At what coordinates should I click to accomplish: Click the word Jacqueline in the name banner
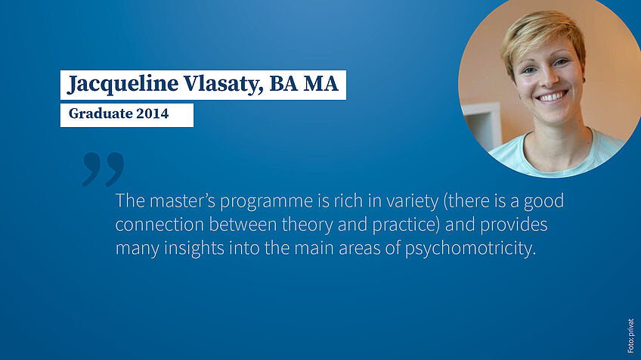[x=122, y=84]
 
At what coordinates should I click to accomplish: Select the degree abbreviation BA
[x=283, y=83]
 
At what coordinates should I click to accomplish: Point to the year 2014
[x=153, y=113]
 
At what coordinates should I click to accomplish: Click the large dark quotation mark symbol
[x=103, y=169]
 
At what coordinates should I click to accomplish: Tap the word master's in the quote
[x=182, y=200]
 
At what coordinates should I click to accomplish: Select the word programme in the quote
[x=267, y=202]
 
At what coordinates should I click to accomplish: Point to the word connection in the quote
[x=159, y=225]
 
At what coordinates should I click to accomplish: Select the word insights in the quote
[x=194, y=249]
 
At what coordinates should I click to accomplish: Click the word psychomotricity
[x=470, y=249]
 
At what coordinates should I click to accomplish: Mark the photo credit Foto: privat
[x=630, y=336]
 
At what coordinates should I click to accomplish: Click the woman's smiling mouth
[x=552, y=97]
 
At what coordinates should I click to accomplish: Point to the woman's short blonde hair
[x=543, y=37]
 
